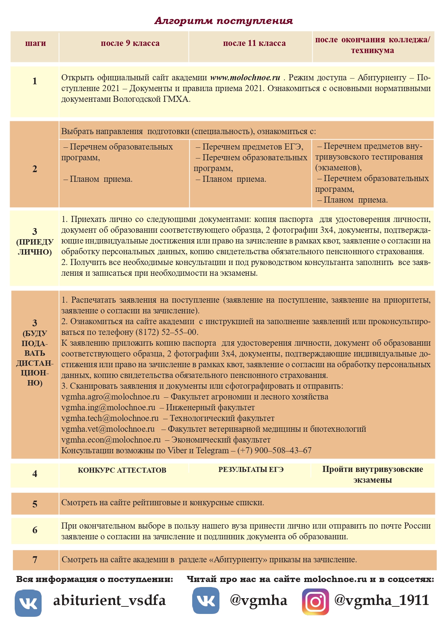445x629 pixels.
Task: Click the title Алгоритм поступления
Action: point(223,21)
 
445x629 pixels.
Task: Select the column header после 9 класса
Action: point(130,43)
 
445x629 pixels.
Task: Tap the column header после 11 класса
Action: point(254,43)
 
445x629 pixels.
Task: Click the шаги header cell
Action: point(35,43)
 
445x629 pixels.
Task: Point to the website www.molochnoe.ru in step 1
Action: point(245,78)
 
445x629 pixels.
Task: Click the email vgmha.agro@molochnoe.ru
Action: point(110,397)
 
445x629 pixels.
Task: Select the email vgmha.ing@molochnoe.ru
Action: point(108,408)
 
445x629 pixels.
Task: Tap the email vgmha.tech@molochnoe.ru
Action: point(110,418)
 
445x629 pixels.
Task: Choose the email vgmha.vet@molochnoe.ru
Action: point(108,429)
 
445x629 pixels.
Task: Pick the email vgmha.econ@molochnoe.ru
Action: point(111,440)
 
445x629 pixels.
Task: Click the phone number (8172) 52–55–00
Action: point(166,332)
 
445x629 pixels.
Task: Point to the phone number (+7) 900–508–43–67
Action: point(274,451)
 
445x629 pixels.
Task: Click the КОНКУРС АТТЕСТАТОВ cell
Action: point(122,470)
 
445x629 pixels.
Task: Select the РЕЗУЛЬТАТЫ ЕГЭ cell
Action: point(251,470)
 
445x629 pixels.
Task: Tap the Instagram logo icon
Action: point(315,602)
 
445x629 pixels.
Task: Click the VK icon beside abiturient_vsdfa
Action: point(28,603)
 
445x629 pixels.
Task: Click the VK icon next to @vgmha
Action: point(206,601)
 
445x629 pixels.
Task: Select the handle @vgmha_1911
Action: point(382,600)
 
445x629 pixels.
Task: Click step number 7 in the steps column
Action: point(35,560)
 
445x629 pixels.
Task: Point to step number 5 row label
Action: point(35,504)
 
